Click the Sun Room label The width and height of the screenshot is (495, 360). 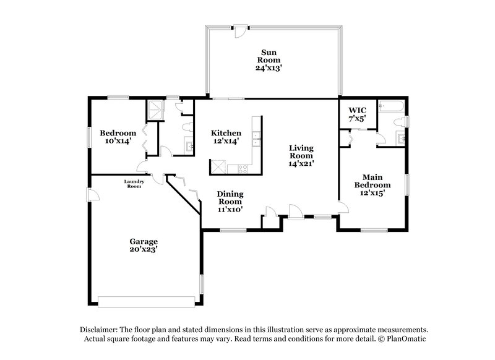click(269, 56)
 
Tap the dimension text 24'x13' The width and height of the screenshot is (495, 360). click(269, 68)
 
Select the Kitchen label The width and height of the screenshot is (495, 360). click(226, 133)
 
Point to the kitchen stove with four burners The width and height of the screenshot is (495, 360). click(238, 168)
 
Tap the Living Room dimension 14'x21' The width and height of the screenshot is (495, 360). click(302, 164)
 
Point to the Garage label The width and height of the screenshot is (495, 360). click(143, 241)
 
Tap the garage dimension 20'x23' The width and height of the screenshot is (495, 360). click(143, 250)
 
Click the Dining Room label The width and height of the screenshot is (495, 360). click(229, 197)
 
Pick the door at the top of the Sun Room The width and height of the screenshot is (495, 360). click(238, 28)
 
